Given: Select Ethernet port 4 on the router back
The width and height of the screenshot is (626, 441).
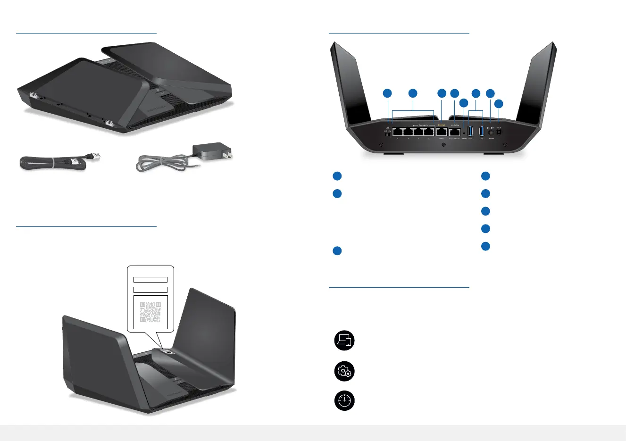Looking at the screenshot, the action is pos(398,132).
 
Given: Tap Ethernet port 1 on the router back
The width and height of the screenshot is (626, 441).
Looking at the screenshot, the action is pos(429,132).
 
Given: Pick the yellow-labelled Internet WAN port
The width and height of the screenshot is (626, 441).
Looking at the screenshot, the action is pos(442,132).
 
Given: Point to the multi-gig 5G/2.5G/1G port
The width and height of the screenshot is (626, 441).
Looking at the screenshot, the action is pos(455,132).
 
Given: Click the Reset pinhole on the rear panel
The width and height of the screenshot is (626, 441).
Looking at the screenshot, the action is pos(464,133).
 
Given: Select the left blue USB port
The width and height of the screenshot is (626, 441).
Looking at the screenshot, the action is pos(470,132).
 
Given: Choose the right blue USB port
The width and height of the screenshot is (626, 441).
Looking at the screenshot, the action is pos(482,132).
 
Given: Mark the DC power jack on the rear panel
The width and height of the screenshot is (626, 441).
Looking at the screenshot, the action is pos(499,133).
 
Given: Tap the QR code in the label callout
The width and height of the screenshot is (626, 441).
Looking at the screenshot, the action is pos(150,312).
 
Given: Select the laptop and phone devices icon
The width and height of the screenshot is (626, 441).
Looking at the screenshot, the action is pos(344,341).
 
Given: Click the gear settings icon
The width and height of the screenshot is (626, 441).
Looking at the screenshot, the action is pos(344,371).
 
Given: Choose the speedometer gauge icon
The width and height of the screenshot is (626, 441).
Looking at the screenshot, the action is pos(344,401).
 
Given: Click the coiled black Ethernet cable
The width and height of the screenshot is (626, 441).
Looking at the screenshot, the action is pos(52,163).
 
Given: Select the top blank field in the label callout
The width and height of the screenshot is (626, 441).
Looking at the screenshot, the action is pos(150,280).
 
